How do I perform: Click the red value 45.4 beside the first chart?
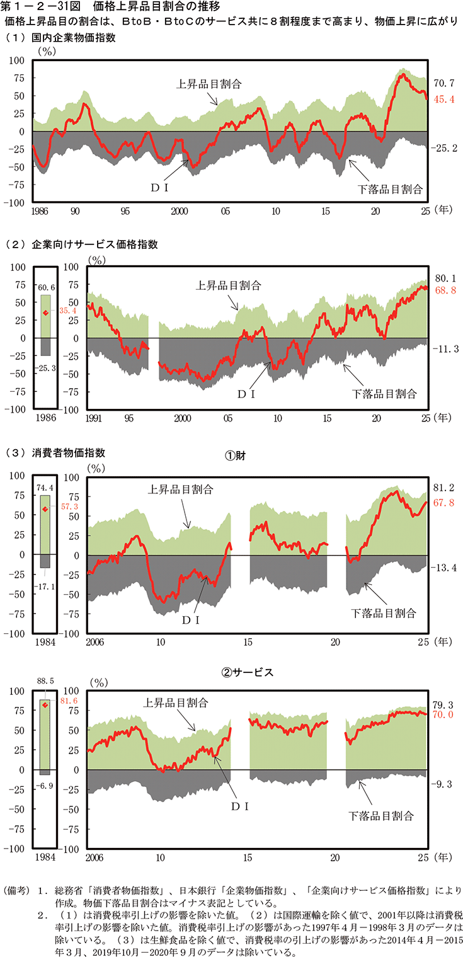click(444, 99)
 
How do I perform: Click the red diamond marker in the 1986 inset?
click(45, 312)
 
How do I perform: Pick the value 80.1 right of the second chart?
click(444, 277)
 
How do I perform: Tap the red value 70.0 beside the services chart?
click(444, 715)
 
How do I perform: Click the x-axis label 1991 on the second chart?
click(95, 418)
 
